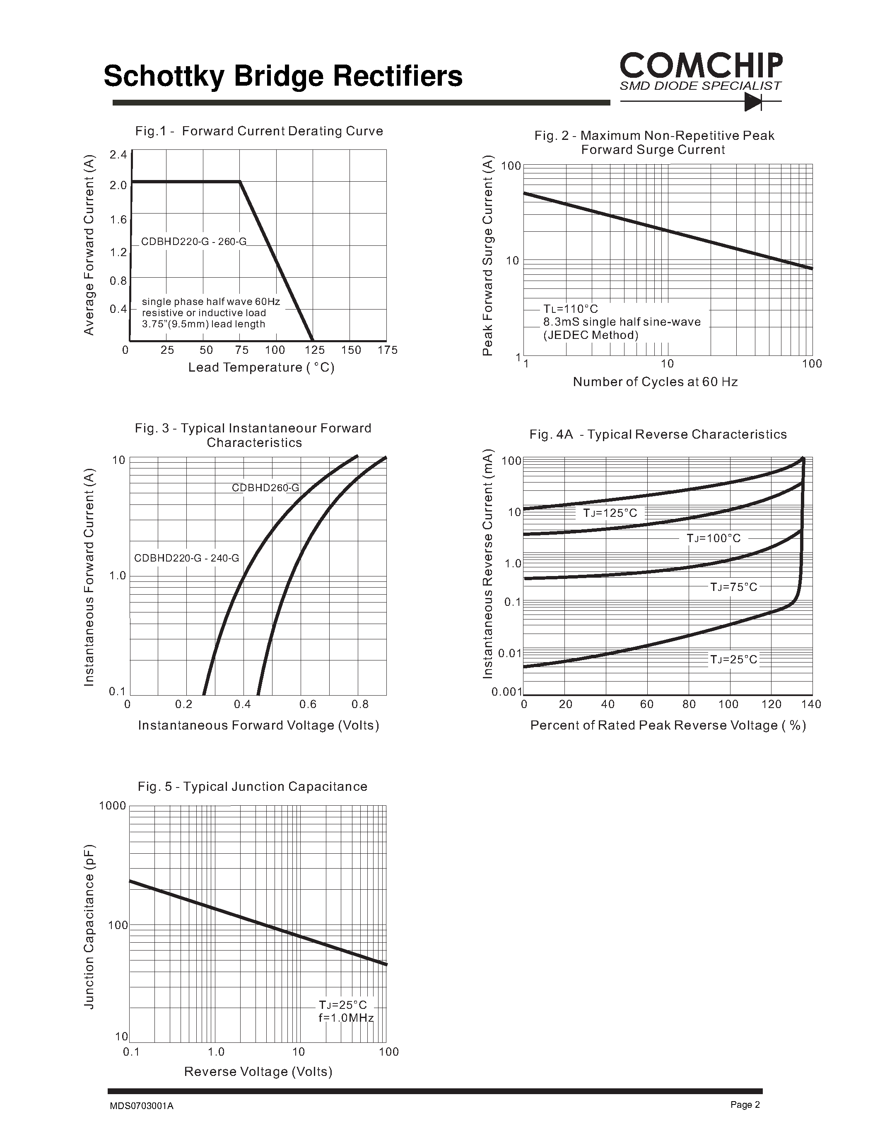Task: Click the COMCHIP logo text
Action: point(701,66)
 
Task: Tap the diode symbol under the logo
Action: point(753,102)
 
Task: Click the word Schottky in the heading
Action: point(164,76)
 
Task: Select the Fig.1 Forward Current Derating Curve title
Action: point(259,131)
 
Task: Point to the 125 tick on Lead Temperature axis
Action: point(314,350)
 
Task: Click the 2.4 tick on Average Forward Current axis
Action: point(118,155)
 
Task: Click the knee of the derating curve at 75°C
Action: point(240,181)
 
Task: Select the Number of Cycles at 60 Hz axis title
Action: point(655,382)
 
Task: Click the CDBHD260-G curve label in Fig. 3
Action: point(265,488)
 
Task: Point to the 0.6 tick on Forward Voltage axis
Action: point(308,704)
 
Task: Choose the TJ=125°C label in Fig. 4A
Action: point(610,513)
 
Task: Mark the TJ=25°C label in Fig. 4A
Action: point(733,660)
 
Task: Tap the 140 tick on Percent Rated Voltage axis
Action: point(811,704)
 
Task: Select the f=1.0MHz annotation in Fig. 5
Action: point(346,1018)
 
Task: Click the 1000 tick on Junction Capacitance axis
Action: point(113,806)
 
